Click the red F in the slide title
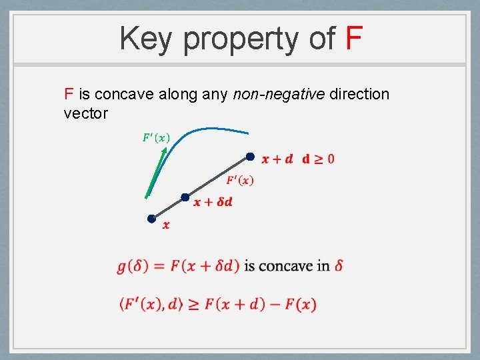coord(354,39)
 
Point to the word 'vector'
coord(85,113)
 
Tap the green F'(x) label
coord(156,138)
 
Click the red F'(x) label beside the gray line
coord(239,180)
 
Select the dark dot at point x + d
coord(250,157)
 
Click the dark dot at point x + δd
coord(185,197)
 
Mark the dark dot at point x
coord(152,219)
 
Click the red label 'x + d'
coord(277,159)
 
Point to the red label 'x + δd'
coord(213,202)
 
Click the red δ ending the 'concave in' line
coord(339,265)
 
